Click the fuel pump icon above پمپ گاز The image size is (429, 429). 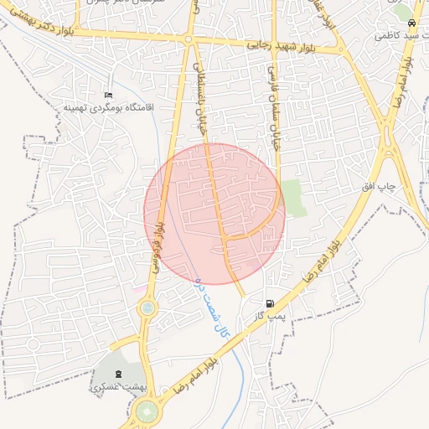click(x=268, y=303)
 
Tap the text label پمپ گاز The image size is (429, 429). click(x=271, y=317)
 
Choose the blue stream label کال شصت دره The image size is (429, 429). click(x=211, y=307)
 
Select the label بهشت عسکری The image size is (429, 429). click(x=116, y=388)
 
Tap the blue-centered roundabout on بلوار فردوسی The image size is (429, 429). click(x=147, y=308)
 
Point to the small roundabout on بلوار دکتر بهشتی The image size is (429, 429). click(x=189, y=39)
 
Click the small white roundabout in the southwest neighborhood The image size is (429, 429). click(x=34, y=343)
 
